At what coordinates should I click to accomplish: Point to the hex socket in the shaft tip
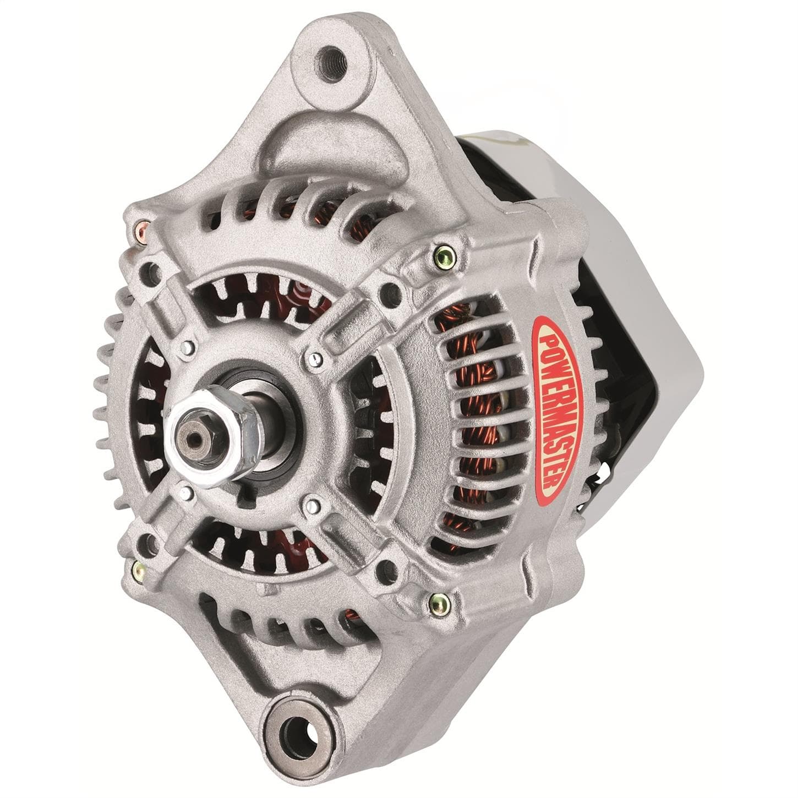point(193,440)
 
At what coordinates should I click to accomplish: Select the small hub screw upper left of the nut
point(188,347)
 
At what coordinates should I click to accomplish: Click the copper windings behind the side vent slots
point(473,418)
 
